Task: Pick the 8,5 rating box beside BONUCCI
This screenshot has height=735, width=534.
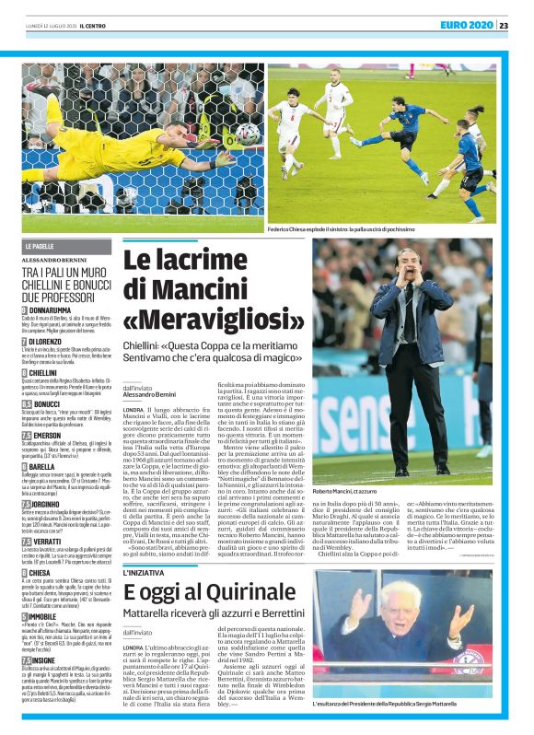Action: coord(28,402)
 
